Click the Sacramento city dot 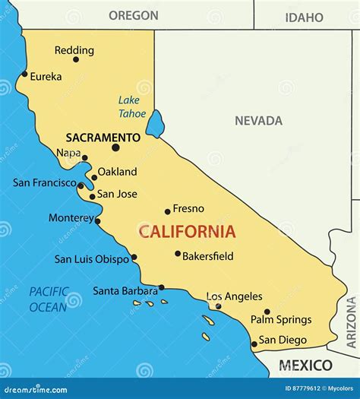click(x=115, y=147)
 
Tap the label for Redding click(x=74, y=50)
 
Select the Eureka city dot click(x=24, y=74)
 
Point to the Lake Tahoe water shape click(x=155, y=123)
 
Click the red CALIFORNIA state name click(x=187, y=233)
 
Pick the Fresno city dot click(x=168, y=211)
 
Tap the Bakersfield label click(x=208, y=256)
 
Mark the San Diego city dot click(x=254, y=344)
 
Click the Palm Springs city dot click(x=267, y=312)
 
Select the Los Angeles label click(x=234, y=296)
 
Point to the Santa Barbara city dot click(x=161, y=287)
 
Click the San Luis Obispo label click(x=91, y=259)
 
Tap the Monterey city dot click(x=97, y=221)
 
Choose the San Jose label click(x=117, y=194)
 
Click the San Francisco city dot click(x=81, y=184)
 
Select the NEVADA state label click(x=258, y=121)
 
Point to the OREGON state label click(x=133, y=15)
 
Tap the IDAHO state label click(x=303, y=17)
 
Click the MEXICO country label click(x=305, y=366)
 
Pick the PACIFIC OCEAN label click(x=49, y=299)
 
